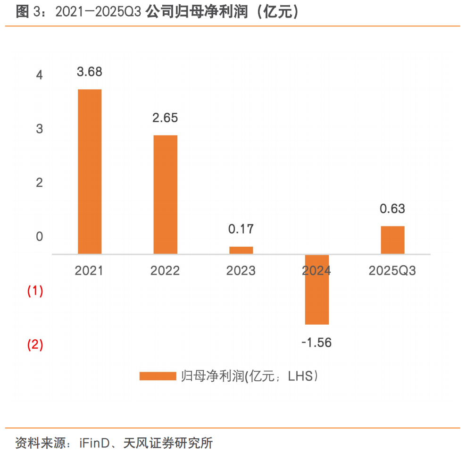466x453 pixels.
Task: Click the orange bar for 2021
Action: tap(90, 172)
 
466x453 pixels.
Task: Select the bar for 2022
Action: tap(166, 194)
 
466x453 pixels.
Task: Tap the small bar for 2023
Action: tap(241, 250)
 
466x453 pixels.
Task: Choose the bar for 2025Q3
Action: tap(392, 240)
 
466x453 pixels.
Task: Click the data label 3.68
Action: tap(90, 72)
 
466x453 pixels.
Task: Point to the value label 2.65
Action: tap(165, 118)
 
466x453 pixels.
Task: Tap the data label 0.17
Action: tap(241, 229)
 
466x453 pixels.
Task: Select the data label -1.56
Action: tap(316, 343)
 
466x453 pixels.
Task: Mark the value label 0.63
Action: tap(392, 209)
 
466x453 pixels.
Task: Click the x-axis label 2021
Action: tap(89, 271)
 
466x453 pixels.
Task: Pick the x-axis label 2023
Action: tap(241, 271)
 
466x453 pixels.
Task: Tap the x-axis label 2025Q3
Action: tap(392, 271)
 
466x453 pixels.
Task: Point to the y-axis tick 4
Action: tap(39, 75)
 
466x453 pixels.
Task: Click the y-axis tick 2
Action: tap(39, 183)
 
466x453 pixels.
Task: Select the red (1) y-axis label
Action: tap(35, 291)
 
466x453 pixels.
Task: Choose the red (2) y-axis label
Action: tap(35, 345)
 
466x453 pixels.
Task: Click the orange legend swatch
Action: tap(158, 376)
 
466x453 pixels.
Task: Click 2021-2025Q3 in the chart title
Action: tap(98, 13)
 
